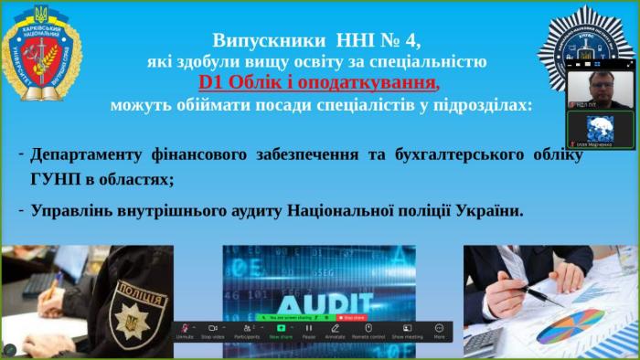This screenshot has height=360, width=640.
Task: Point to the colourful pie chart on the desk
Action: click(x=570, y=324)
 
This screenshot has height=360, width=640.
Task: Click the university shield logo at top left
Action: click(x=43, y=55)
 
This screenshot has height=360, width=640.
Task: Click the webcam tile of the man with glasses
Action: click(x=599, y=90)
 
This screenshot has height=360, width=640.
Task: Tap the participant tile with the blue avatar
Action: click(x=599, y=129)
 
